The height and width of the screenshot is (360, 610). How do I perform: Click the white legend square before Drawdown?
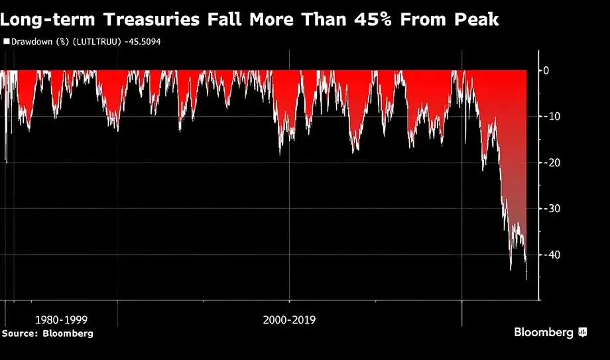click(6, 41)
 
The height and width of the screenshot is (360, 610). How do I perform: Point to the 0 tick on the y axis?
click(546, 70)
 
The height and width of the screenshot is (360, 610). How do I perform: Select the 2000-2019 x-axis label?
click(289, 320)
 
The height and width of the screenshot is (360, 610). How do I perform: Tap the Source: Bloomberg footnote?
click(47, 333)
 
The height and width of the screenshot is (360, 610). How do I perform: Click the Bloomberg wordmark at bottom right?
click(544, 332)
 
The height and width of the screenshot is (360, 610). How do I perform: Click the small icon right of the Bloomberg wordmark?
click(583, 332)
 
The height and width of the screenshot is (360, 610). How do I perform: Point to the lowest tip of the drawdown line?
click(526, 279)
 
